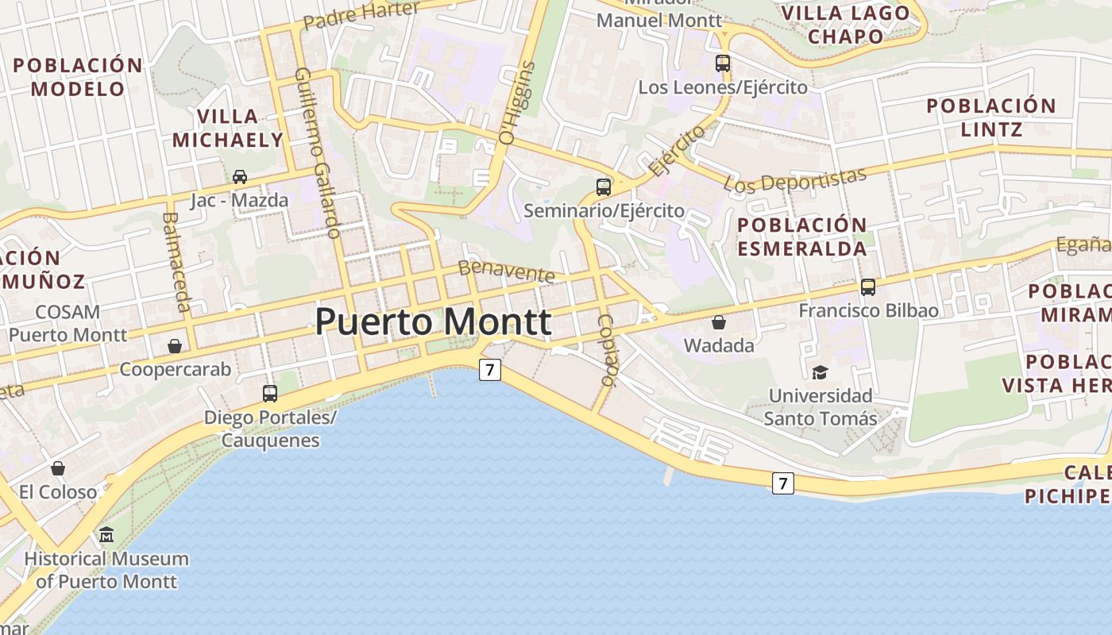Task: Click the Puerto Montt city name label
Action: coord(433,321)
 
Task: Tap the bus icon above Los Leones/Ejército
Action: coord(723,63)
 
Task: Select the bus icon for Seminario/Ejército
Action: coord(604,187)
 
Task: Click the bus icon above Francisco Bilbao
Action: coord(868,287)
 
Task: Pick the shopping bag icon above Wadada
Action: coord(719,322)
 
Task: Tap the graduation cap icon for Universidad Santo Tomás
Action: coord(820,371)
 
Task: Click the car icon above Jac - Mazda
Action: coord(239,176)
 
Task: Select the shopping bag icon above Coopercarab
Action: coord(175,346)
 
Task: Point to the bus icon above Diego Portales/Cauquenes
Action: coord(270,393)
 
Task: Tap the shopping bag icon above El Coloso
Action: coord(58,468)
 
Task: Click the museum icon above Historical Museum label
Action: coord(106,535)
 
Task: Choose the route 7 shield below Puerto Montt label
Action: coord(490,369)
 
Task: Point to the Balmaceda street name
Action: coord(177,262)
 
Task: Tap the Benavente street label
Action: coord(507,271)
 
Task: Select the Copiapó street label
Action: coord(607,350)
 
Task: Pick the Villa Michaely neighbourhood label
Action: coord(228,129)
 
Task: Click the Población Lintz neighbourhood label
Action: coord(991,117)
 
